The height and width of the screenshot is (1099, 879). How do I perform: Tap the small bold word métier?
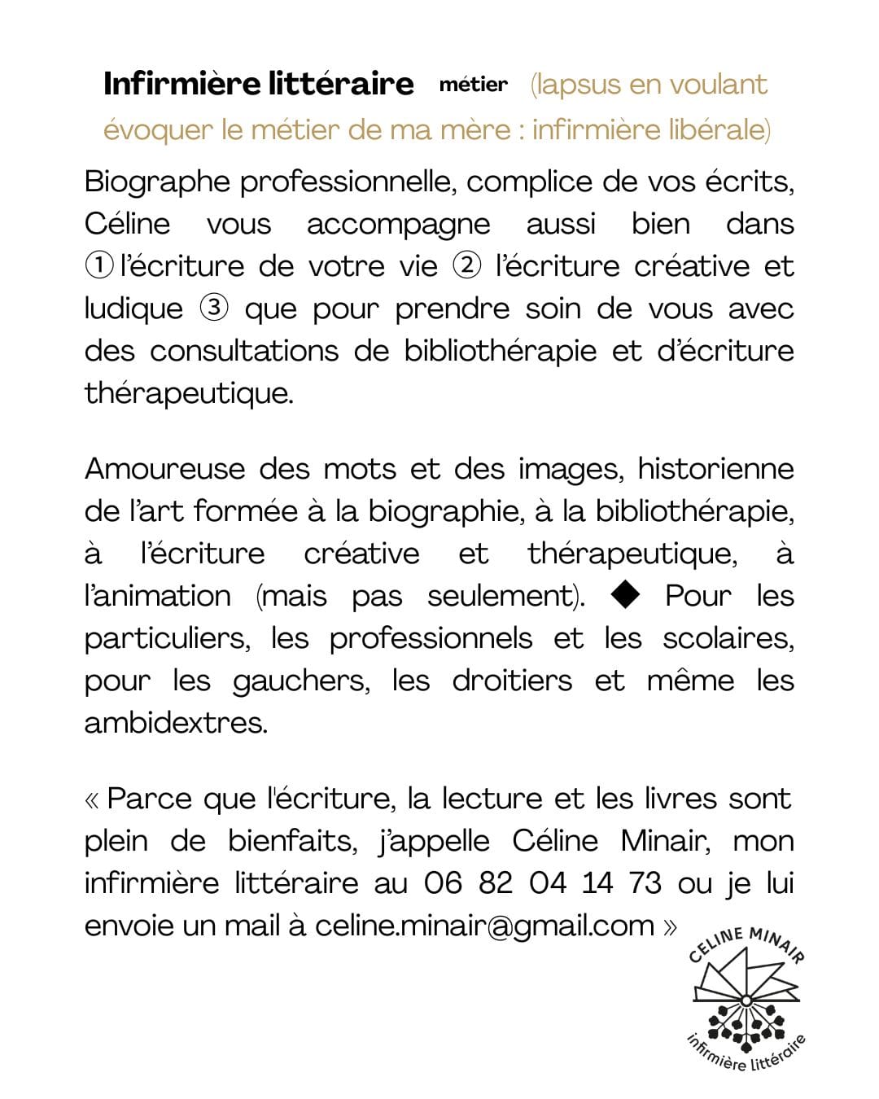[473, 85]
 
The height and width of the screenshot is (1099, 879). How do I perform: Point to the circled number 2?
[466, 265]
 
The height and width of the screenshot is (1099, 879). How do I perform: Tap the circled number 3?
[213, 308]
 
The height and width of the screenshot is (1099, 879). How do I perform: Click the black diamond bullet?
[625, 595]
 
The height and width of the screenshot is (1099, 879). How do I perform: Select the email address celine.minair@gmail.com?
[484, 926]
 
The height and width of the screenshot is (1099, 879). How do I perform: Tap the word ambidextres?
[175, 723]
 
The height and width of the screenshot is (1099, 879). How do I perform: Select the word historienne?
[715, 469]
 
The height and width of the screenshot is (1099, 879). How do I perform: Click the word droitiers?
[512, 681]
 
